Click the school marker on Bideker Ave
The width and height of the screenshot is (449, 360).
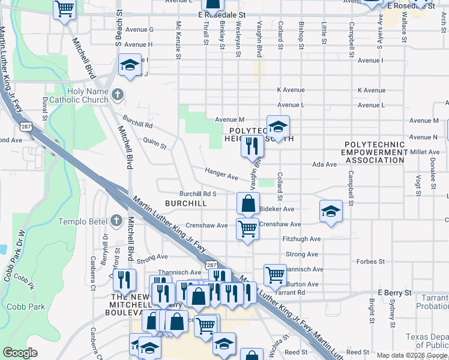(330, 211)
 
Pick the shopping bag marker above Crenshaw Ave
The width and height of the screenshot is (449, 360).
(248, 203)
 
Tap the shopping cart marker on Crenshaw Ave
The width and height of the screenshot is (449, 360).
(247, 229)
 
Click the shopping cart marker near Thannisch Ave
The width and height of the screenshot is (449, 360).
(275, 275)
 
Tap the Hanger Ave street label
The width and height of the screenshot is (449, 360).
(221, 174)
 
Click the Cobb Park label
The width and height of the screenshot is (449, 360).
(26, 307)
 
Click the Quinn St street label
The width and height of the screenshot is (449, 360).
(154, 143)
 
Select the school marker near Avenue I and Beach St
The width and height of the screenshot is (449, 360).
(129, 65)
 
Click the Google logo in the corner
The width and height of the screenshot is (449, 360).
(20, 353)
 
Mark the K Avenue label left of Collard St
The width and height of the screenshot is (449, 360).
(291, 90)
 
